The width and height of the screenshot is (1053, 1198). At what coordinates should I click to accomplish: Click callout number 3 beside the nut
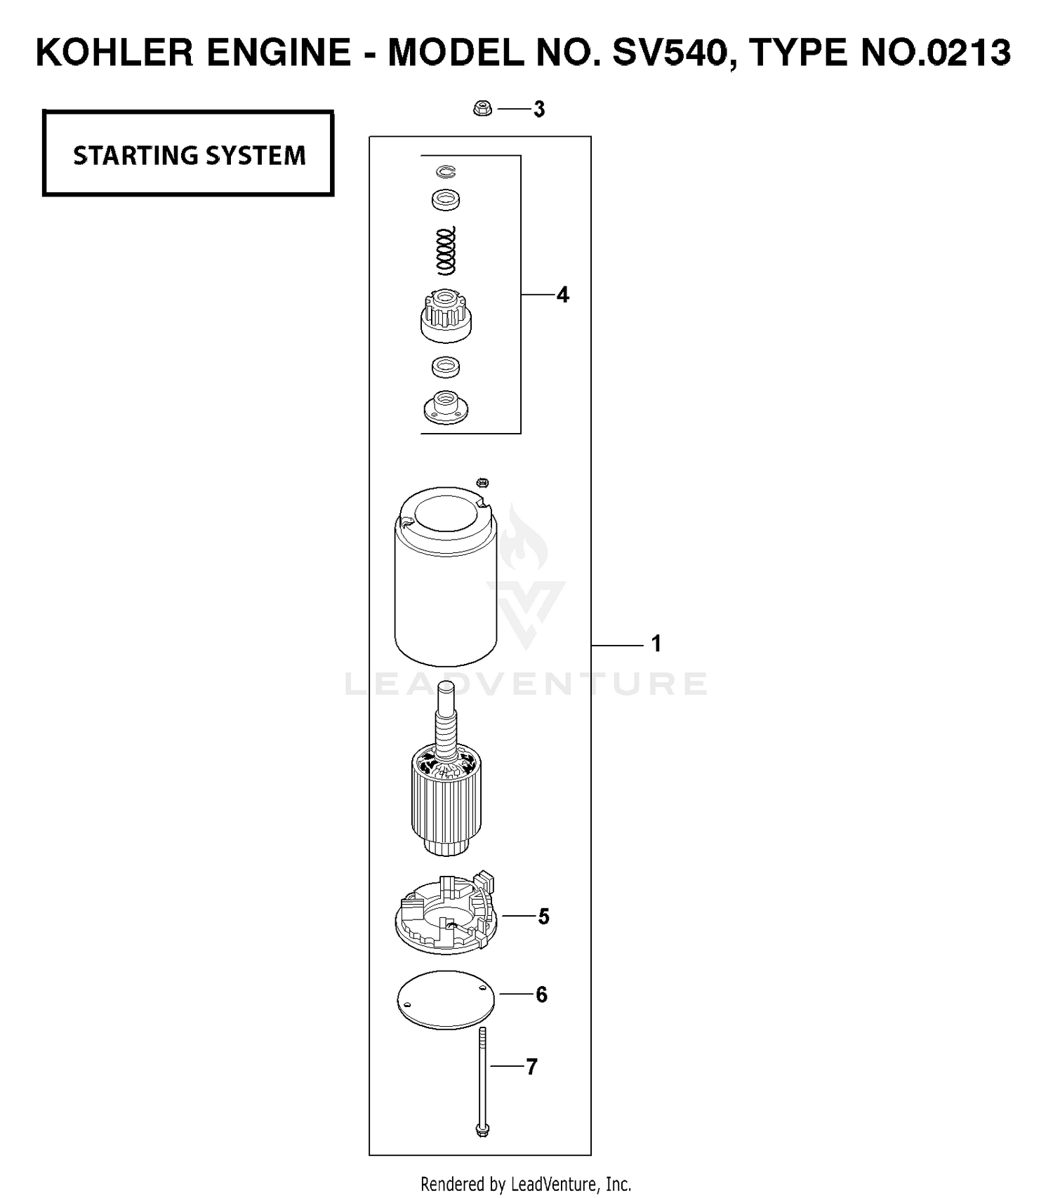pos(539,109)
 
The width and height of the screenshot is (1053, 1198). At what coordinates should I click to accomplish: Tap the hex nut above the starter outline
pos(482,109)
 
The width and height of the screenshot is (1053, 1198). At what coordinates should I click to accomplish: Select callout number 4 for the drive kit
pos(562,295)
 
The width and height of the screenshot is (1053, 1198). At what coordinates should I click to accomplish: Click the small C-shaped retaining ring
pos(445,171)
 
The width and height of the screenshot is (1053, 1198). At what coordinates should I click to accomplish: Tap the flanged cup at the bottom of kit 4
pos(446,407)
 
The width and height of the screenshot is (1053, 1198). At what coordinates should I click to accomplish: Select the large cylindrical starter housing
pos(446,577)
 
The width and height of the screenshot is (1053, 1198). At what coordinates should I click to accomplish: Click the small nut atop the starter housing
pos(482,483)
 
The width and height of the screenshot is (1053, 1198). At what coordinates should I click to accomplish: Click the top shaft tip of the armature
pos(446,686)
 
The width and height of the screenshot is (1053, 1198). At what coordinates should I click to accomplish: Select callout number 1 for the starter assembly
pos(656,644)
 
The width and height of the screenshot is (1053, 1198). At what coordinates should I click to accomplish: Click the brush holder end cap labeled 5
pos(446,914)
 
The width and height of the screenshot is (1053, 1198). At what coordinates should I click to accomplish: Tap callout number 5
pos(543,917)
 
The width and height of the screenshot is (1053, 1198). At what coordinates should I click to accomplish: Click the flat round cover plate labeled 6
pos(446,1000)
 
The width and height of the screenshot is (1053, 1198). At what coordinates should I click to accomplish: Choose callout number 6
pos(541,994)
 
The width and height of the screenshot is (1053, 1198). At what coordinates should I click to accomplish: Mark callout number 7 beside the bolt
pos(531,1067)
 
